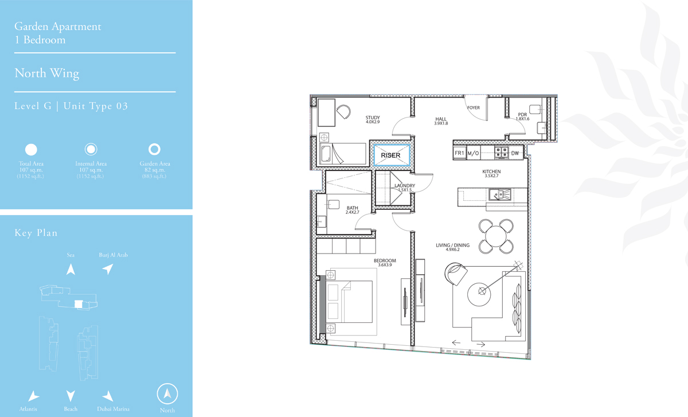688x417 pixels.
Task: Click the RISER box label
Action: coord(390,155)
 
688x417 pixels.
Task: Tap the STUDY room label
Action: coord(373,118)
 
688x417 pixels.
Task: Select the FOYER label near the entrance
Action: coord(474,108)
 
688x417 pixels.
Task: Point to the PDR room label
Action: coord(522,115)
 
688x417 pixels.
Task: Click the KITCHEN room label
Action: coord(491,172)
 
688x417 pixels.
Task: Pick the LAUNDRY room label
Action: coord(405,186)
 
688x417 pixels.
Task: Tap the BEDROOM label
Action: coord(385,260)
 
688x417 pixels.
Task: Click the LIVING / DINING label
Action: coord(453,245)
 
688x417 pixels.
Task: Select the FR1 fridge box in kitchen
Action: coord(459,153)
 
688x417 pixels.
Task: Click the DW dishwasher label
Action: coord(515,153)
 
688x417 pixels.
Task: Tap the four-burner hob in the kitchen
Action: coord(501,153)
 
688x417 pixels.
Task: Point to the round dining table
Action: coord(496,236)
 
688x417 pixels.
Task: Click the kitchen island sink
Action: coord(500,194)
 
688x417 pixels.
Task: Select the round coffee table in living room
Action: coord(479,294)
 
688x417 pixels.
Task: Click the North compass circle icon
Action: coord(167,393)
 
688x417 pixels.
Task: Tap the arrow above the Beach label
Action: coord(71,395)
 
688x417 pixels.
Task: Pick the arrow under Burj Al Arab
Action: coord(108,269)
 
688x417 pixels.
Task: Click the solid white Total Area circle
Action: coord(31,150)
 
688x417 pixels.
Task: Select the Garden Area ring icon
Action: coord(154,149)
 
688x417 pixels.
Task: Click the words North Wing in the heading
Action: coord(46,73)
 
